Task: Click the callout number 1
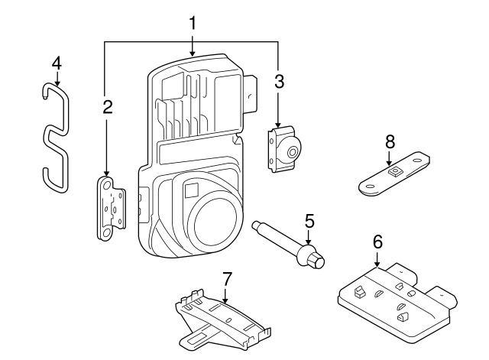click(x=193, y=23)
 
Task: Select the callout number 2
click(x=108, y=107)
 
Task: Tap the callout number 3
click(x=279, y=82)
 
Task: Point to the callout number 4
click(x=56, y=62)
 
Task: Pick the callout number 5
click(x=309, y=221)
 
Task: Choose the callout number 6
click(x=377, y=241)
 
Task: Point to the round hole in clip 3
click(x=292, y=153)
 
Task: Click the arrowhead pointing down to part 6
click(x=377, y=264)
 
